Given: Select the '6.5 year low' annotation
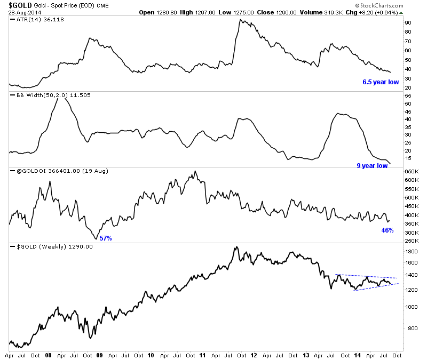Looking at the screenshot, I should tap(381, 82).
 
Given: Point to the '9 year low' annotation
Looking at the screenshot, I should tap(372, 166).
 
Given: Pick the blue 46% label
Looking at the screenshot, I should tap(387, 230).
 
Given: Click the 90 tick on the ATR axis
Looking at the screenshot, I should tap(408, 23).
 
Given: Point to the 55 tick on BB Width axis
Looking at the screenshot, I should tap(408, 96).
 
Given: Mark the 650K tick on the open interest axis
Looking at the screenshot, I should tap(411, 172).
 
